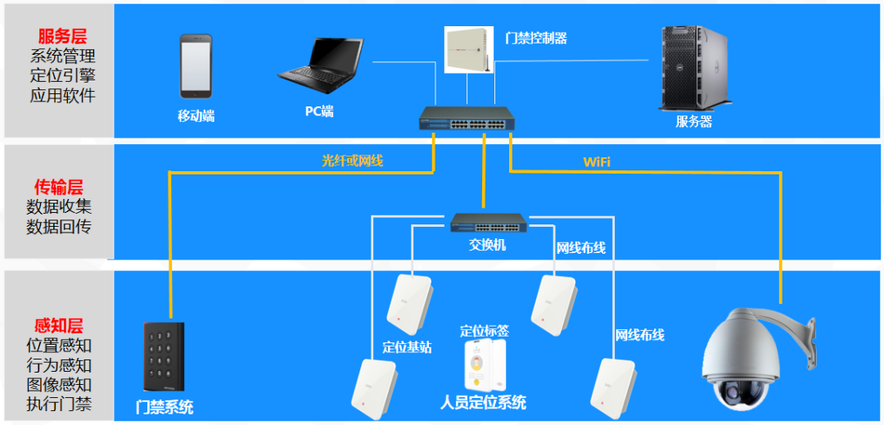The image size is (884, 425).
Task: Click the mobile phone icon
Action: click(196, 66)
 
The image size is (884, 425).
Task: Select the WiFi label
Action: click(597, 161)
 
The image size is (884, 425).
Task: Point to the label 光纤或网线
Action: click(352, 161)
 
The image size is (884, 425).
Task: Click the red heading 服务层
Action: click(62, 36)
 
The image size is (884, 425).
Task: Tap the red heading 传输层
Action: click(58, 188)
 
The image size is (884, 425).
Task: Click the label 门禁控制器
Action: click(537, 38)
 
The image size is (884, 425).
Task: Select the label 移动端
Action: click(196, 115)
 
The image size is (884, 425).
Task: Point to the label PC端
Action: click(319, 111)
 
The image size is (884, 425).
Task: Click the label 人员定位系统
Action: click(483, 402)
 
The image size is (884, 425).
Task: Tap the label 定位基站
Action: click(407, 346)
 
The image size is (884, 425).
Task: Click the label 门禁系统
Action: click(165, 406)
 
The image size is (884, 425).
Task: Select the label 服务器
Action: click(693, 121)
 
